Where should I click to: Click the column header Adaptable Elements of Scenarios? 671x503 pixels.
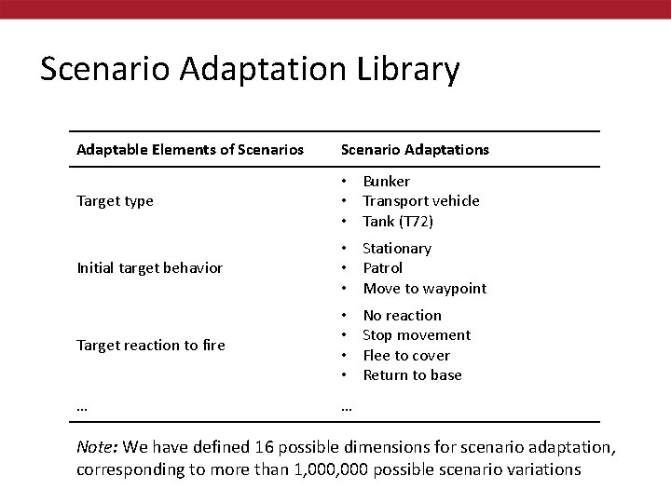190,149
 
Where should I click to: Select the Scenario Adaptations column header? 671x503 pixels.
415,149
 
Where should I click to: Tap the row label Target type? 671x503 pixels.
115,201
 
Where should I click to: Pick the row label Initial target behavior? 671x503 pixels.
149,268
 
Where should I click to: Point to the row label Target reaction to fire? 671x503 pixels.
151,346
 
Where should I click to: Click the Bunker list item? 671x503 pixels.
386,181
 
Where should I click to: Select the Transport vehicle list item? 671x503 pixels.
420,201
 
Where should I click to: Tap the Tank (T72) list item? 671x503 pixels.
398,222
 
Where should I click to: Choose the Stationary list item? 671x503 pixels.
396,249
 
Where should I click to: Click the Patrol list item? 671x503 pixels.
382,268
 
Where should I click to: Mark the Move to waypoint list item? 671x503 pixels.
424,289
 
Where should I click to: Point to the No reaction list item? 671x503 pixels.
402,316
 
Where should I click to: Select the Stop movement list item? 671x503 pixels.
416,335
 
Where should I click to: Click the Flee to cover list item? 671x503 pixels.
405,356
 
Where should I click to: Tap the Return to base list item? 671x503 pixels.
412,375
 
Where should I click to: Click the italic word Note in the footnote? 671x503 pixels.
96,448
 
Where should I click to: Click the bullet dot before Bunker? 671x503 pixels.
344,181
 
